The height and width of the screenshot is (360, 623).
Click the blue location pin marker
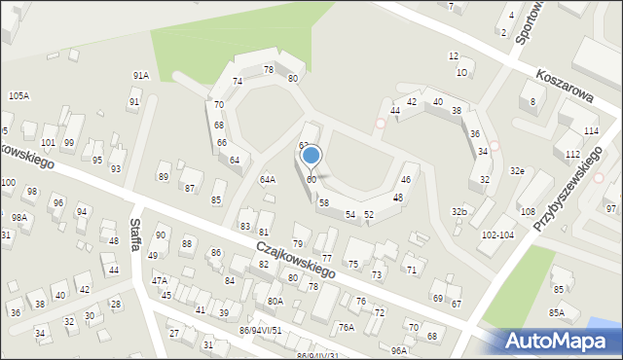click(x=311, y=156)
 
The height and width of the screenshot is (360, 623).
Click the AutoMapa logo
click(x=562, y=341)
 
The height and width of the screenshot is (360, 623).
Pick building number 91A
click(x=141, y=75)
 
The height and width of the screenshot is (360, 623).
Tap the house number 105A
click(x=18, y=95)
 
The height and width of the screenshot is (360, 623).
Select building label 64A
click(x=267, y=179)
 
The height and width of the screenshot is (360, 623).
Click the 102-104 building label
click(x=497, y=234)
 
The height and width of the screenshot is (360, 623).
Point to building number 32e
click(x=517, y=171)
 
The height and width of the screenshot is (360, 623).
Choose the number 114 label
click(x=590, y=130)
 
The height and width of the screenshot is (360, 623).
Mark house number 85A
click(x=556, y=312)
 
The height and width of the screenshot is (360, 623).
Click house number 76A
click(x=346, y=327)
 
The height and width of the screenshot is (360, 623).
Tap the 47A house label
click(x=159, y=280)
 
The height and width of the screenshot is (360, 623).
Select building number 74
click(x=238, y=81)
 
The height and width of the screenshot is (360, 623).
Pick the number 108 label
click(x=528, y=211)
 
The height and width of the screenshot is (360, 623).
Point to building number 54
click(x=349, y=214)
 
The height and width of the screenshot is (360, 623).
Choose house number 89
click(x=163, y=176)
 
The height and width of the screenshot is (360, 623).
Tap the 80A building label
click(x=275, y=301)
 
